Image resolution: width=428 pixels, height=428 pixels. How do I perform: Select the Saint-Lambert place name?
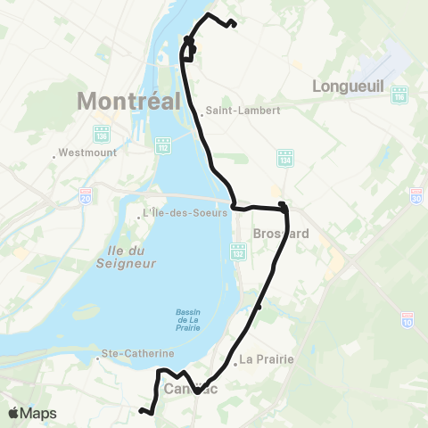tap(243, 111)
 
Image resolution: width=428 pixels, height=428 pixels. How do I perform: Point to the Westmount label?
tap(84, 152)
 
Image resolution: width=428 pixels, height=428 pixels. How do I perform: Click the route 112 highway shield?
tap(163, 144)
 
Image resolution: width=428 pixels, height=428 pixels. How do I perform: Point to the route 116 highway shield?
tap(399, 93)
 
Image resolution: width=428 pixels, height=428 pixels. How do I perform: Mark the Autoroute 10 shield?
tap(407, 317)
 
